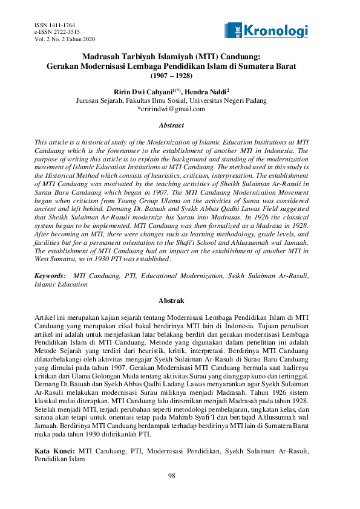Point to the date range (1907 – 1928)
point(171,76)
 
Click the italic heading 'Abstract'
point(171,126)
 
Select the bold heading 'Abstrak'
point(171,300)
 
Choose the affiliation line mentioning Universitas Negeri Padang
point(171,100)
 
